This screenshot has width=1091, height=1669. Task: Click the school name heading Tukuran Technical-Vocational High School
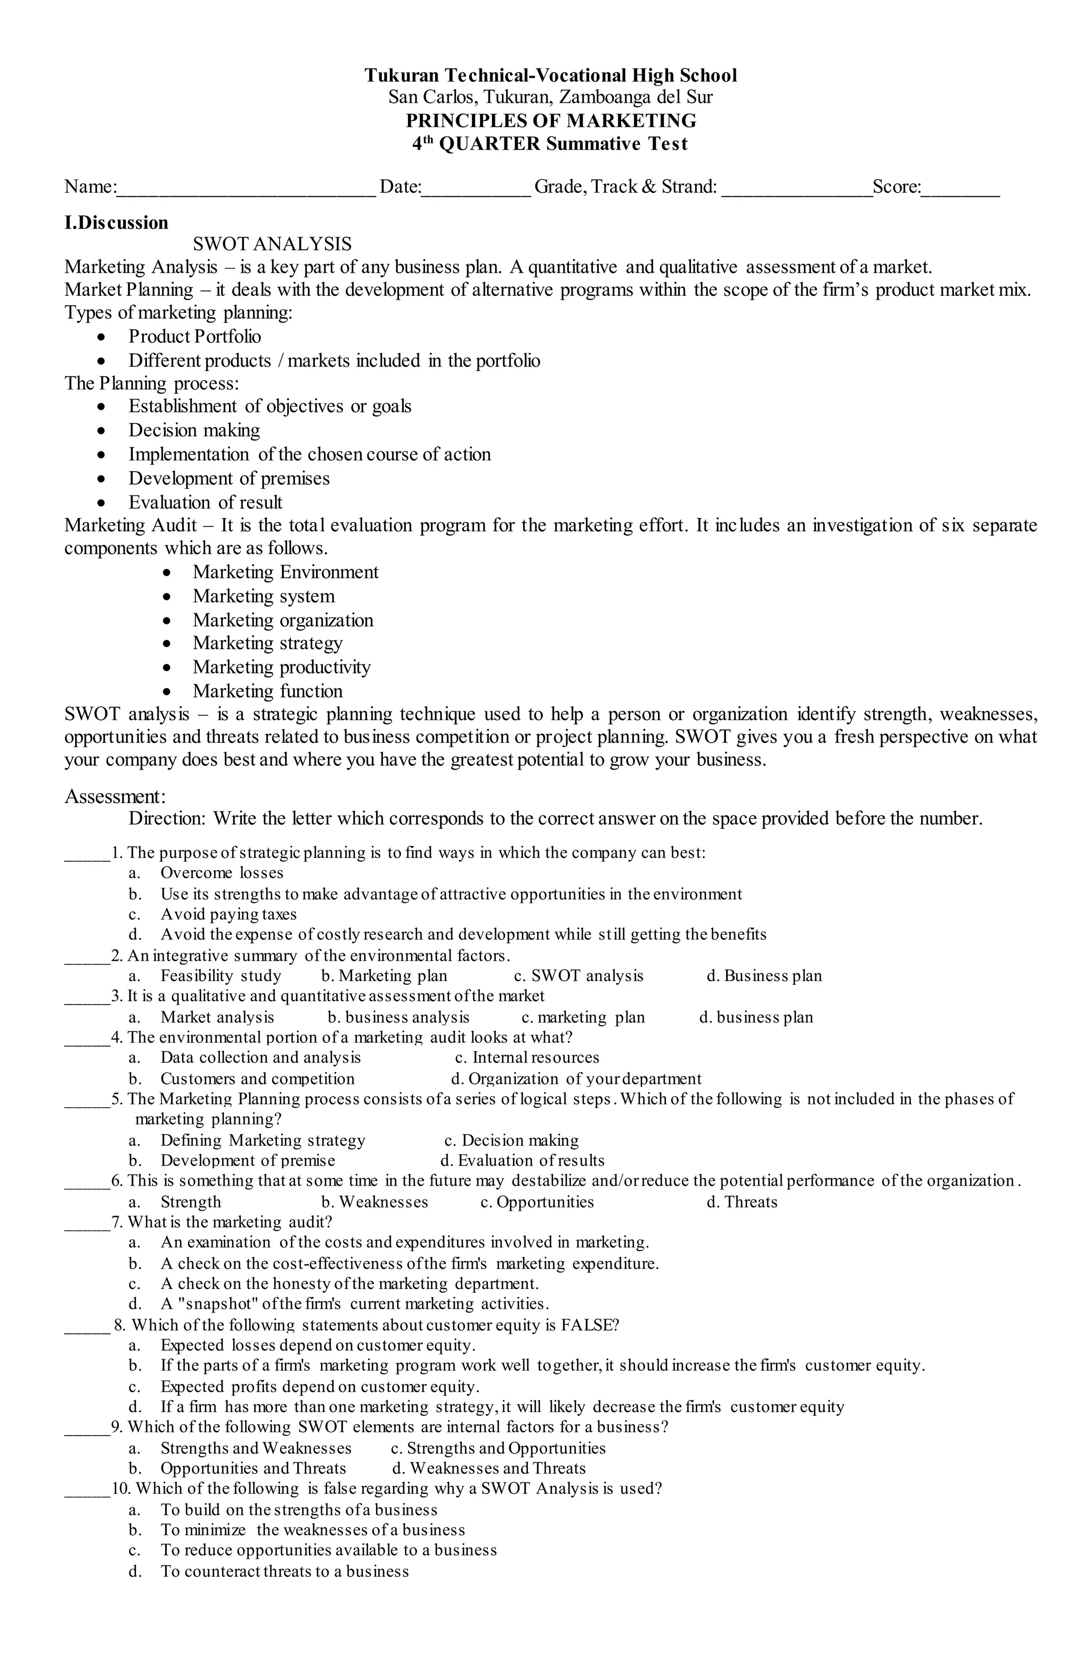[x=550, y=75]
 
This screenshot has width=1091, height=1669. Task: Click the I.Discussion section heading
[x=116, y=223]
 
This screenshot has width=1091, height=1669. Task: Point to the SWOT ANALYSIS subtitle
[x=272, y=244]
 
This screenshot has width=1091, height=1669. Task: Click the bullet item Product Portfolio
[x=194, y=337]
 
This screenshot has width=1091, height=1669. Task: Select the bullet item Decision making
[x=194, y=430]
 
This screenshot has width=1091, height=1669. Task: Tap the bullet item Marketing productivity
[x=281, y=667]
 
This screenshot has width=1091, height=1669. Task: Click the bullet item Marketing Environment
[x=286, y=572]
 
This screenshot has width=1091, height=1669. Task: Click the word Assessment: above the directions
[x=115, y=796]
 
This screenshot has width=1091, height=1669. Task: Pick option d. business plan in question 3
[x=756, y=1017]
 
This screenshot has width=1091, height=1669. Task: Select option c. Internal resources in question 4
[x=527, y=1057]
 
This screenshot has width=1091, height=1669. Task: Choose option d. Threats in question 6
[x=742, y=1202]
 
